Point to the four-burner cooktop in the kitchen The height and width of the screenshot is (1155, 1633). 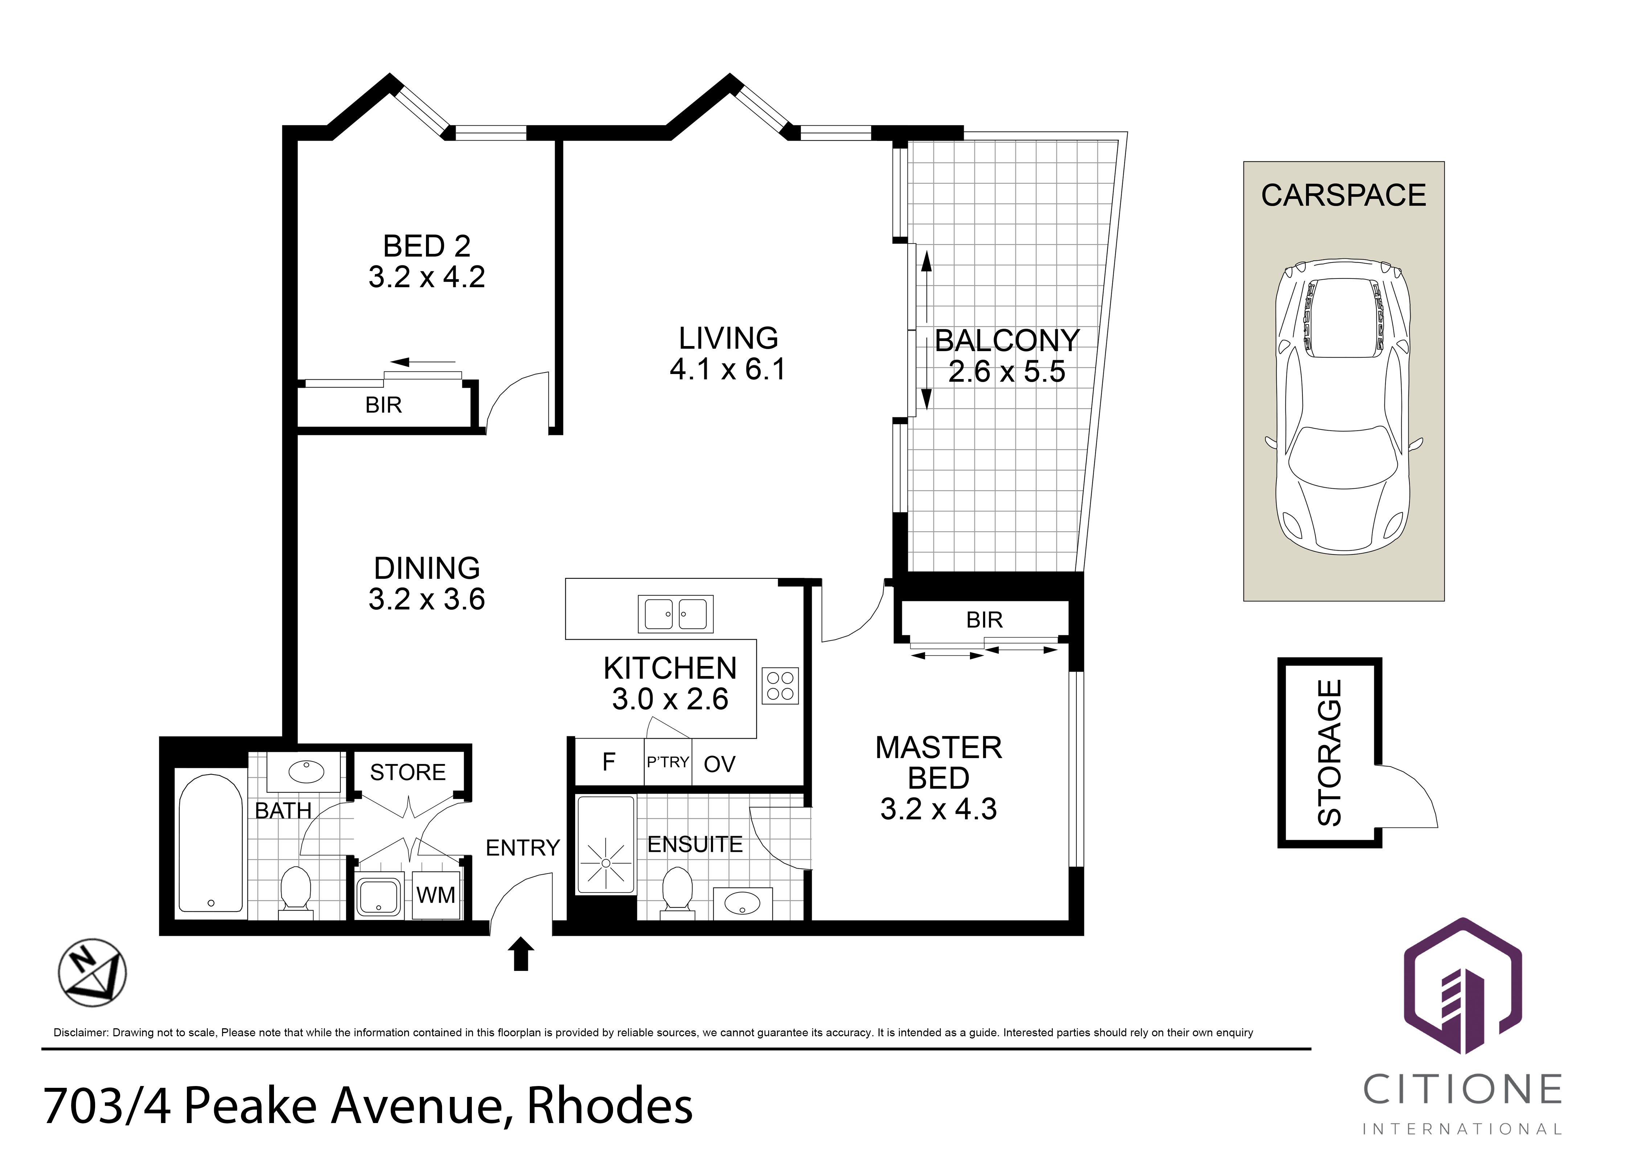pyautogui.click(x=780, y=685)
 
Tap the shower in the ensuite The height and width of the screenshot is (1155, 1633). pyautogui.click(x=605, y=845)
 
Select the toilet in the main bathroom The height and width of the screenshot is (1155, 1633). pyautogui.click(x=296, y=890)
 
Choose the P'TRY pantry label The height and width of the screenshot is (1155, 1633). pyautogui.click(x=668, y=762)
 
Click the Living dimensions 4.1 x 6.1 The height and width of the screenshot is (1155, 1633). pyautogui.click(x=728, y=369)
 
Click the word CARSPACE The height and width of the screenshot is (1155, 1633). pyautogui.click(x=1343, y=195)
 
